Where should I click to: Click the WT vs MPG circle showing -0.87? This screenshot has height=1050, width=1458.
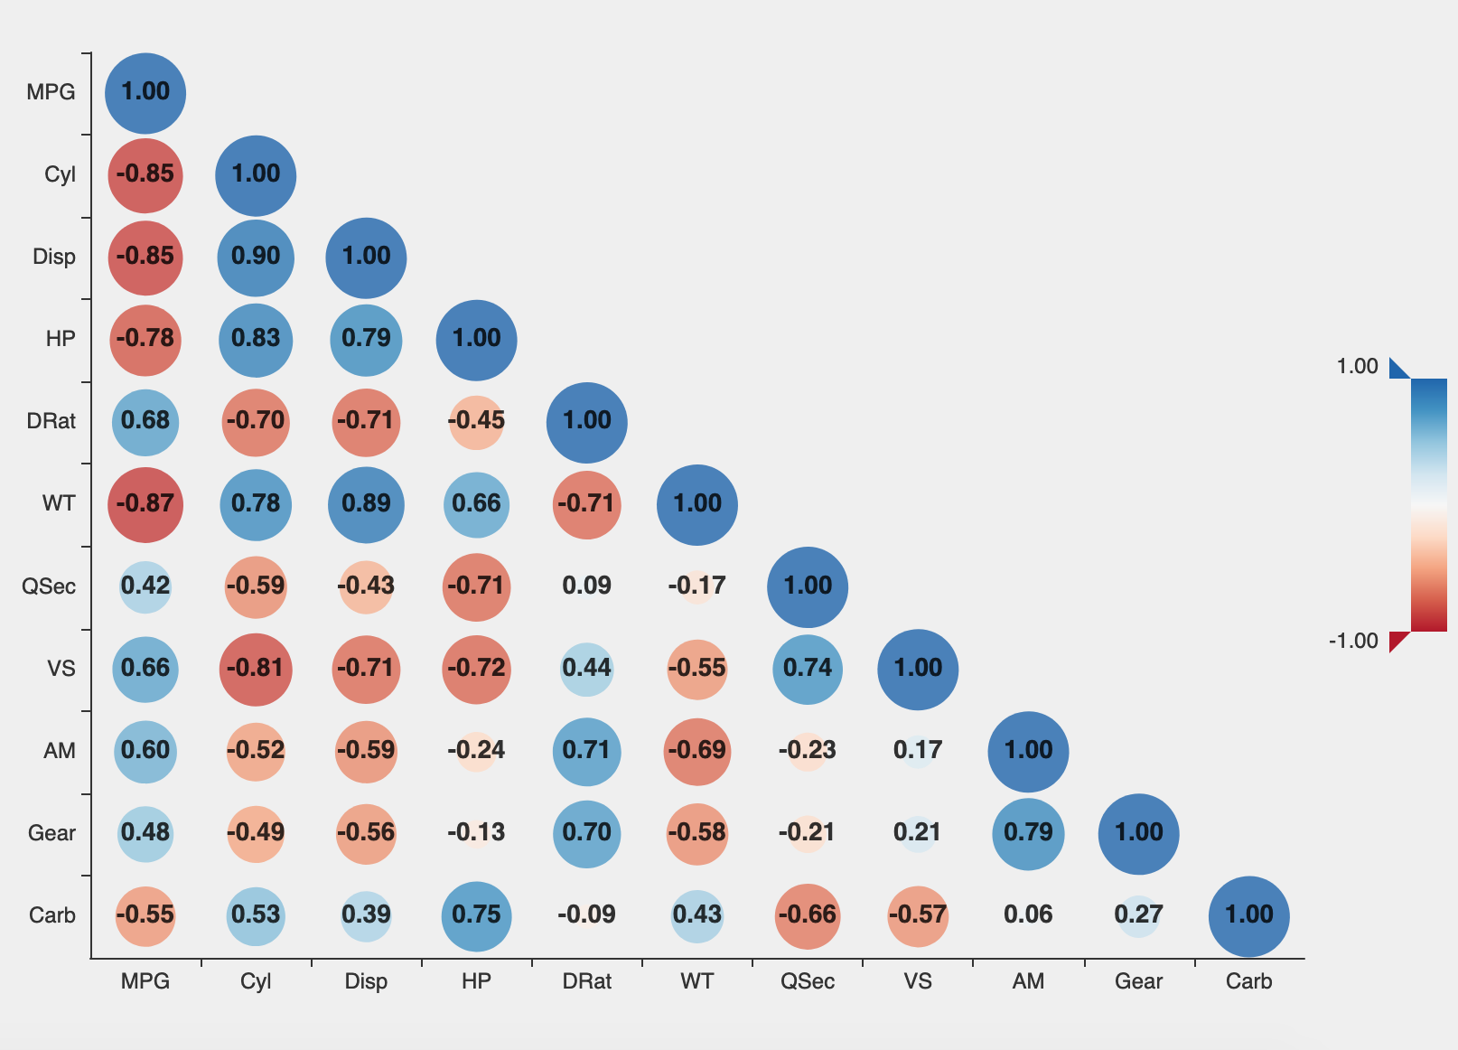[x=145, y=504]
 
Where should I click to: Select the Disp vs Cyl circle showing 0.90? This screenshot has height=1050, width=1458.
[x=256, y=258]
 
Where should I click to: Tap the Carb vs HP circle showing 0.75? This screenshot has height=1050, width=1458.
[x=476, y=915]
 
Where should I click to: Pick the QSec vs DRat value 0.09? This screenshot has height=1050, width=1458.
[x=586, y=586]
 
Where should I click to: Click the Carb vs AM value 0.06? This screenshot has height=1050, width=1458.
[x=1028, y=915]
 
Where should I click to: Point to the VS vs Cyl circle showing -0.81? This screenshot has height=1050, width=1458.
[x=256, y=669]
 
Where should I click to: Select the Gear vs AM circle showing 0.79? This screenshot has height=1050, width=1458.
[x=1028, y=833]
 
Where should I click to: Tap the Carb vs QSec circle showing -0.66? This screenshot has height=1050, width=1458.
[x=808, y=915]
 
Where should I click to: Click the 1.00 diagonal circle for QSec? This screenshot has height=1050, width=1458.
[x=808, y=586]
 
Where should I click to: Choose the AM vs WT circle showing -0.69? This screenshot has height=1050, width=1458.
[x=696, y=751]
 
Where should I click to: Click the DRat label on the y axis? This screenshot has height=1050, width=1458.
[x=51, y=422]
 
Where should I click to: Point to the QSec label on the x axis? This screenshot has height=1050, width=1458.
[x=808, y=981]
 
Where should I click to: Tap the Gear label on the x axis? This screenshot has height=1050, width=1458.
[x=1138, y=981]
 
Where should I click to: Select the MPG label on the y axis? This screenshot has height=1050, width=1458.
[x=51, y=92]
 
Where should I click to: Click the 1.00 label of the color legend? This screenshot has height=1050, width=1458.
[x=1357, y=366]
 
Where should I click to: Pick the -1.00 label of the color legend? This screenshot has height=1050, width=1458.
[x=1353, y=642]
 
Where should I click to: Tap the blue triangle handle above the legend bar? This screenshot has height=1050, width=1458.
[x=1396, y=370]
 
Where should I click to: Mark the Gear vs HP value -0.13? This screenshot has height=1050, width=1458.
[x=476, y=833]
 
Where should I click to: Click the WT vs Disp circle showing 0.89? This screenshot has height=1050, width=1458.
[x=366, y=504]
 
